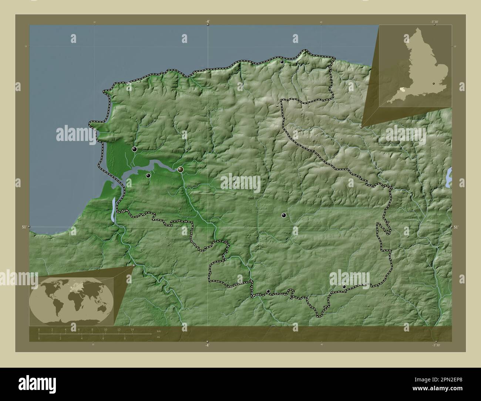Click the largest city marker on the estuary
tap(181, 169)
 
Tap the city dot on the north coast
tap(282, 62)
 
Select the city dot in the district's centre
tap(284, 215)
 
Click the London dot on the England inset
tap(434, 84)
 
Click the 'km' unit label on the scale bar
tap(159, 331)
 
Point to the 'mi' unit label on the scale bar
tap(158, 337)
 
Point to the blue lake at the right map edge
tap(449, 176)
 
